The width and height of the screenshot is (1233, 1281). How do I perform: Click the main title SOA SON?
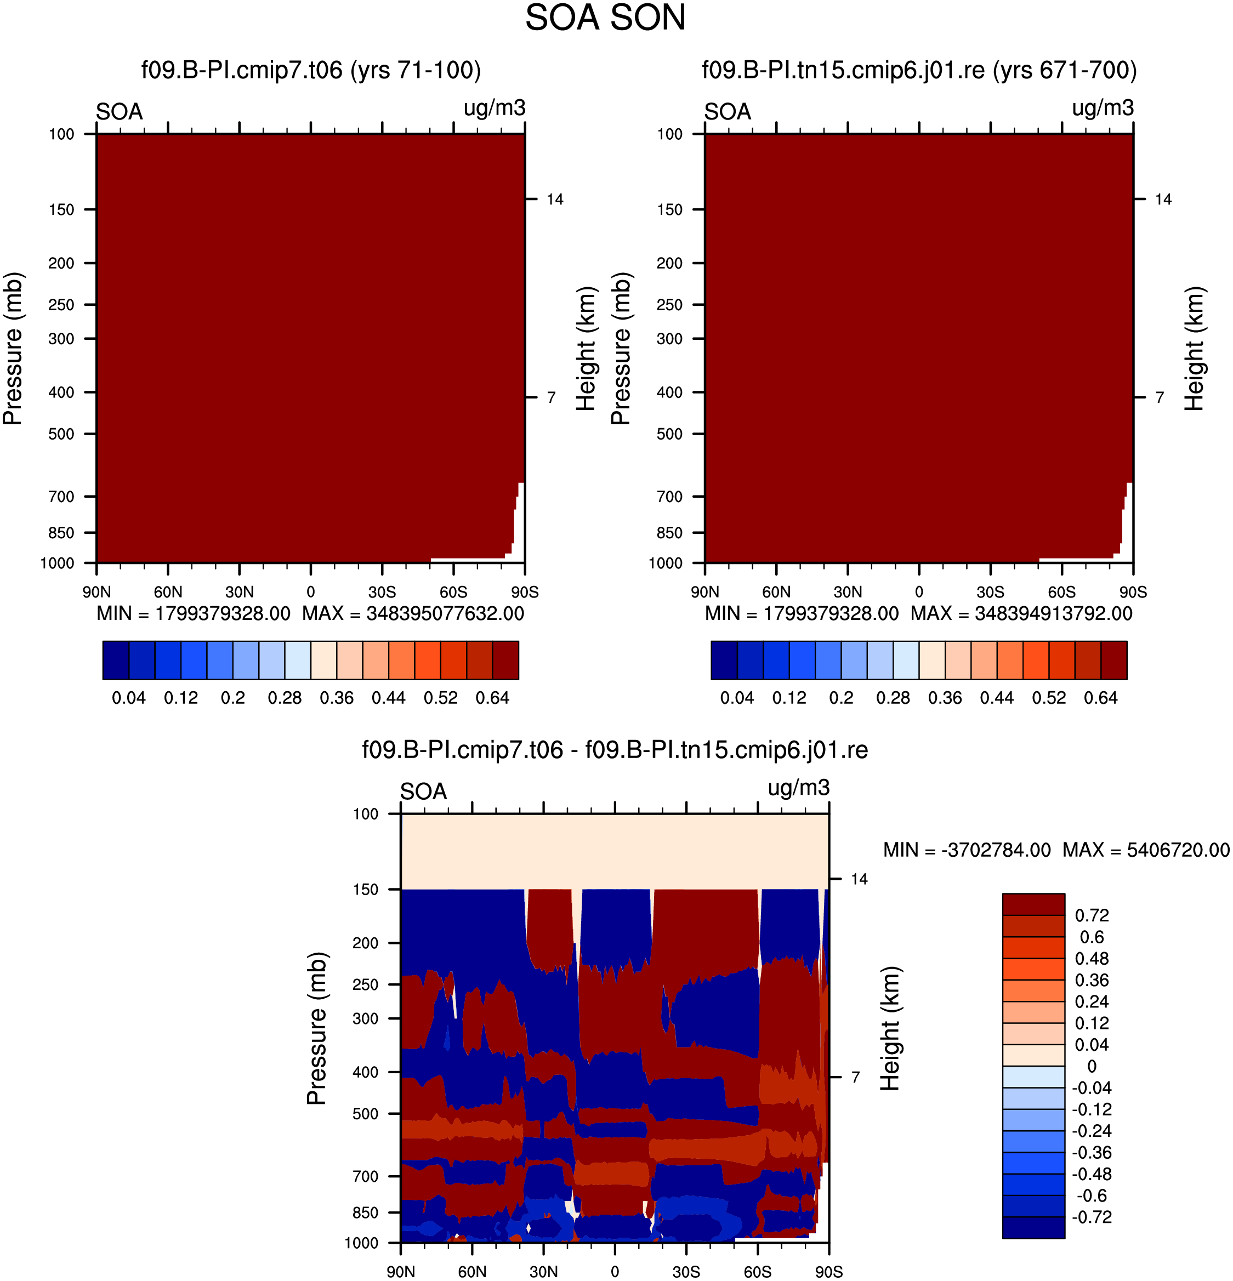point(605,18)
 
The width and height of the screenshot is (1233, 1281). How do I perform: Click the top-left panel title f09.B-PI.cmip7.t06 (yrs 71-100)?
point(311,70)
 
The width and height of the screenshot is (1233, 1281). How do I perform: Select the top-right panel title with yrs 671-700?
point(919,70)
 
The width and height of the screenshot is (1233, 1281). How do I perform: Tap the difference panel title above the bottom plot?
point(615,750)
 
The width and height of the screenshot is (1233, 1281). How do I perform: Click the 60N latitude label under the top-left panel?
point(168,592)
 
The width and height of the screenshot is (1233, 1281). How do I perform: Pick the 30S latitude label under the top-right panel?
point(991,592)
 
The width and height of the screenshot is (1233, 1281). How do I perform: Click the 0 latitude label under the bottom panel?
point(615,1272)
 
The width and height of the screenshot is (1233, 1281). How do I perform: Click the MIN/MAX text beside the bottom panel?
point(1056,850)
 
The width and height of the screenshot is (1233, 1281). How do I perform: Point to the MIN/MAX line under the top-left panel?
point(310,614)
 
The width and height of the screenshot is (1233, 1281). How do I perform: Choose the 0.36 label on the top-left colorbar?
point(337,698)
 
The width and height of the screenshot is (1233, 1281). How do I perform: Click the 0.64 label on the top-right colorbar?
point(1101,698)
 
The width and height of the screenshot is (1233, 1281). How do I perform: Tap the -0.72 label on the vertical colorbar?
point(1092,1217)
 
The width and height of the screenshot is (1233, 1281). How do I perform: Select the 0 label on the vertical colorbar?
point(1092,1067)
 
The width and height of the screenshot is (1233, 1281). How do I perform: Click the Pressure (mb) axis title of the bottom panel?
point(316,1029)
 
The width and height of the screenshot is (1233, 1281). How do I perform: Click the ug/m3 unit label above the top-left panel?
point(495,108)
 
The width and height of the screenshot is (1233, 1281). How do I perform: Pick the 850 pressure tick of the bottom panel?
point(366,1213)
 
